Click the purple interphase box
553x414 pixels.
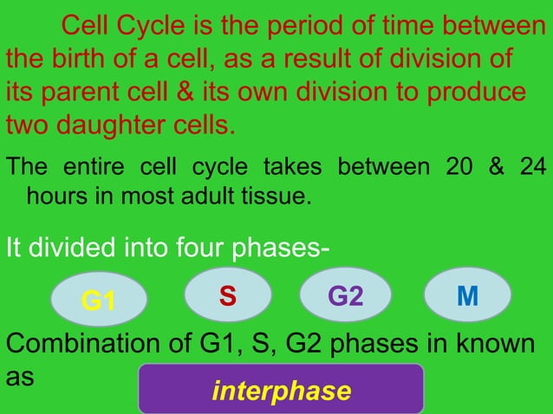point(281,390)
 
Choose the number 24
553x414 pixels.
point(530,167)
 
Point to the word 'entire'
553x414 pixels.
point(91,167)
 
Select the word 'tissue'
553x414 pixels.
point(274,196)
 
